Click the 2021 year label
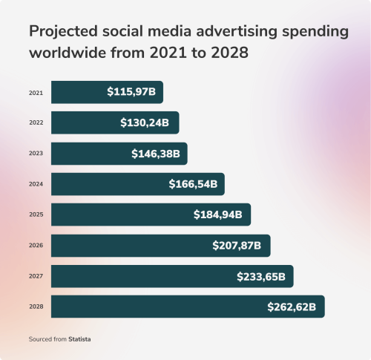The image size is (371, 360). pos(36,93)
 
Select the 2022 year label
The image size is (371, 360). pos(36,123)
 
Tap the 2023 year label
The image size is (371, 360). pos(36,154)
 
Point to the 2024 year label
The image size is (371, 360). pos(36,184)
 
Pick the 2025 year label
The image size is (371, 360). pos(36,215)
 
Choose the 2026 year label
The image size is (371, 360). pos(36,246)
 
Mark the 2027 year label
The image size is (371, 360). pos(36,276)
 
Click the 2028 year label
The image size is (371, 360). pos(36,307)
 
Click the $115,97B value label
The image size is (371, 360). pos(131,93)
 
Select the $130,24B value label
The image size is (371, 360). pos(146,123)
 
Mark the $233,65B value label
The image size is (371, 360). pos(261,276)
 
